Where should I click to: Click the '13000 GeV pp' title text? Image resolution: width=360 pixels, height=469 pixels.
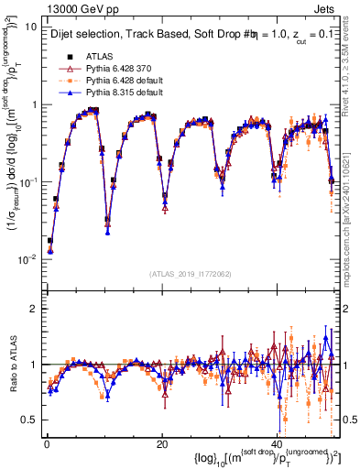[x=75, y=9]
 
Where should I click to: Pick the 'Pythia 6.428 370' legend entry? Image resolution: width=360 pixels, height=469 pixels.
[x=118, y=68]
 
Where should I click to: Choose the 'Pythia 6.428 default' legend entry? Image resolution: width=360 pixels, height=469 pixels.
[x=124, y=81]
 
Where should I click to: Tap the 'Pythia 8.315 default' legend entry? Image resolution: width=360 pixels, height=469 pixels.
[x=124, y=93]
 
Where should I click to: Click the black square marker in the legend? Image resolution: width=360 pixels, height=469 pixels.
[x=65, y=56]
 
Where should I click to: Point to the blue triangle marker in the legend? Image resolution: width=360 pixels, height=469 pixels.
[x=65, y=93]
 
